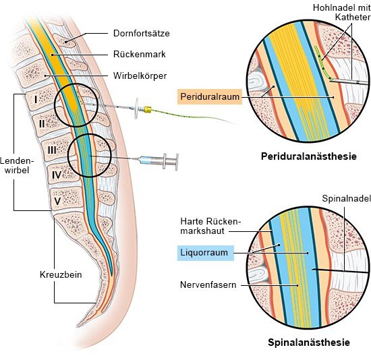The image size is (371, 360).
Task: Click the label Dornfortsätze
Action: tap(141, 33)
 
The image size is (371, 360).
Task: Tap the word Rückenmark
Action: tap(140, 54)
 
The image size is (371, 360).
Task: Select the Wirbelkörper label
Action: tap(140, 76)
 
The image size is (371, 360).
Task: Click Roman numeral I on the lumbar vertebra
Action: tap(36, 99)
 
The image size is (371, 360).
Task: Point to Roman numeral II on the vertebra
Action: tap(42, 123)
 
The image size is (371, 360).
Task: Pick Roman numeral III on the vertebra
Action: tap(52, 150)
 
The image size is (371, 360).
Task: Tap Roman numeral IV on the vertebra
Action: tap(57, 175)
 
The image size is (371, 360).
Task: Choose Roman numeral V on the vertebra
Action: tap(57, 201)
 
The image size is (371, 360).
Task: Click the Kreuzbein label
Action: tap(61, 274)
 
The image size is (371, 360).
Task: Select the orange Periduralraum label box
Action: tap(210, 96)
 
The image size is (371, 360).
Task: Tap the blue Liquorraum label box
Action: tap(206, 253)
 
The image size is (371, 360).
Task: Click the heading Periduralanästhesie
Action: tap(309, 156)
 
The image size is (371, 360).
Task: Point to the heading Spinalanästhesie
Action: tap(309, 342)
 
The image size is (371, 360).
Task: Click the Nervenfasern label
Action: tap(208, 284)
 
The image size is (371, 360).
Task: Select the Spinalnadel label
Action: tap(346, 198)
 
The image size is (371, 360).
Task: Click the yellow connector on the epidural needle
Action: tap(148, 109)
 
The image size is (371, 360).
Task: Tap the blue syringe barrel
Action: tap(146, 160)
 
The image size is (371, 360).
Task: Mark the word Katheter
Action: tap(353, 18)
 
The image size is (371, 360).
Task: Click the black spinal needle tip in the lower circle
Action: tap(313, 269)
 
